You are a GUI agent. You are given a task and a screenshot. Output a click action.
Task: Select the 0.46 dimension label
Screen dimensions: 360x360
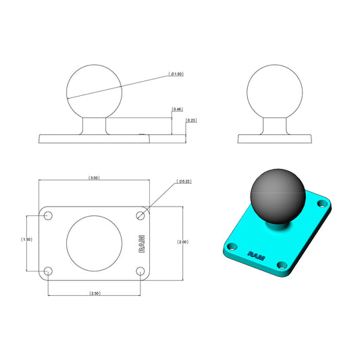[178, 109]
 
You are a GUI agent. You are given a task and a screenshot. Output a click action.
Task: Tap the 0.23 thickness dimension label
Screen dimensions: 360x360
[192, 121]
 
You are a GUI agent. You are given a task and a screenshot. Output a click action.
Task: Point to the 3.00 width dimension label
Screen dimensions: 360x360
[95, 178]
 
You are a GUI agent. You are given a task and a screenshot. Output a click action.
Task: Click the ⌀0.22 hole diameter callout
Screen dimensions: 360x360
[184, 182]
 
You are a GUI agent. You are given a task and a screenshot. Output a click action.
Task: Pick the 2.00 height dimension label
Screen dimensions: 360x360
[183, 242]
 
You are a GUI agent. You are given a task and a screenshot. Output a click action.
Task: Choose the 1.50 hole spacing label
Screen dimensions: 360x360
[26, 240]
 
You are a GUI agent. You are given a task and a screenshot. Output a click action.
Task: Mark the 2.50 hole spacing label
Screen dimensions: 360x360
[95, 294]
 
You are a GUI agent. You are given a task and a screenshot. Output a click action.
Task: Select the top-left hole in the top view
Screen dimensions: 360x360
[49, 215]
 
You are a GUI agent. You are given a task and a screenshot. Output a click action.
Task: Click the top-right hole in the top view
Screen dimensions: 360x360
[140, 215]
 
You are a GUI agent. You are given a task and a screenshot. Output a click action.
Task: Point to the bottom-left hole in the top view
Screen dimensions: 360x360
[49, 272]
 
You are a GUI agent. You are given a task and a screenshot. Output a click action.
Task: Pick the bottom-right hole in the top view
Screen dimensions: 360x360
[140, 272]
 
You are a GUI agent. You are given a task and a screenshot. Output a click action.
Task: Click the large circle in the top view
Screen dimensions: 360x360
[95, 243]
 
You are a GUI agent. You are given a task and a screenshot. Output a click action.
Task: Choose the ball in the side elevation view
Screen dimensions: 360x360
[275, 93]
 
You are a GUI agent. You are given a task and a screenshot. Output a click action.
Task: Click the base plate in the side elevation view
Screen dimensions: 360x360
[275, 138]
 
